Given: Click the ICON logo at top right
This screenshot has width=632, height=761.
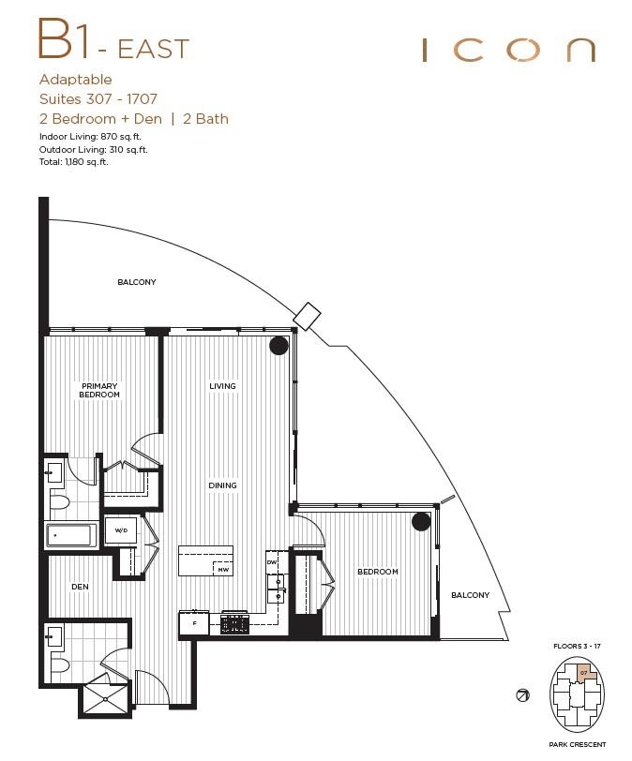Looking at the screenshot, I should point(508,50).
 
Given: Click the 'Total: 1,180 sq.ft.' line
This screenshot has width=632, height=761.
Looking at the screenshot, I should point(73,162).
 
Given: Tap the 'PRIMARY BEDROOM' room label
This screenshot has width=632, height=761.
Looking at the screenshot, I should point(100,391).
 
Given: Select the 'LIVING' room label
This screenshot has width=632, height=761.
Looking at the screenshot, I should point(222,386).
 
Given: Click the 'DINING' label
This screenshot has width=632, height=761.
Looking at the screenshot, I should point(222,485).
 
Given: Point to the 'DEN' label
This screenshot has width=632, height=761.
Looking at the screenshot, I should point(80,588).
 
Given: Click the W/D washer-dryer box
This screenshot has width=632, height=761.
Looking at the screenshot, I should point(121,530).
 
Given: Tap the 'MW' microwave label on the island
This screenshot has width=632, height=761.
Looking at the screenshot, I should point(223,569).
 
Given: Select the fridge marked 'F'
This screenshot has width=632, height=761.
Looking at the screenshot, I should point(194,622).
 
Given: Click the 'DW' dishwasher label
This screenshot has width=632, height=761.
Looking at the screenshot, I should point(272,562).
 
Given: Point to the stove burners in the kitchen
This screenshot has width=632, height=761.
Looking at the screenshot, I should point(234,622).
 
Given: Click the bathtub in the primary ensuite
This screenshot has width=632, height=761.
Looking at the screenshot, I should point(70,536).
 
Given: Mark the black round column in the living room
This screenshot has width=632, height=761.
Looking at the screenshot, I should point(278,346).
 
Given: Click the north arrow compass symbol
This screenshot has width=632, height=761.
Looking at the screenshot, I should point(522,695).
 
